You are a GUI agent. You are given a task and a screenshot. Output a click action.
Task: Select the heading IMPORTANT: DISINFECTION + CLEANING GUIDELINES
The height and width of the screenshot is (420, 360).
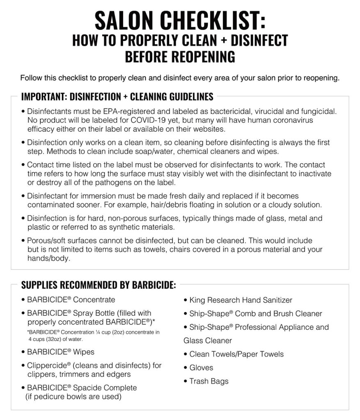117,97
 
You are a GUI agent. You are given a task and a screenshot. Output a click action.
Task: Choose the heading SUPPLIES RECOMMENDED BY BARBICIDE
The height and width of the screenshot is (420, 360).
99,285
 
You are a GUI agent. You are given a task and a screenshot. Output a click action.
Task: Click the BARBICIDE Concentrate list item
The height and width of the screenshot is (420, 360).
71,300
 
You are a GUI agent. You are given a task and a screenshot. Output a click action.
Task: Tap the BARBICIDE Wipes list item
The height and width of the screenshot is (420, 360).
60,352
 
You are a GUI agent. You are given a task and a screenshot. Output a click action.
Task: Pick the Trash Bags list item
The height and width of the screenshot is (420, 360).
209,381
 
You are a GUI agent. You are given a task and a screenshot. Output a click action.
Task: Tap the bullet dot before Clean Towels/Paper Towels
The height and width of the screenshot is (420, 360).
186,354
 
